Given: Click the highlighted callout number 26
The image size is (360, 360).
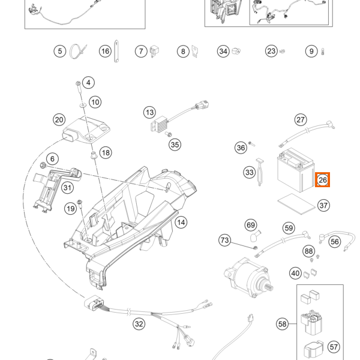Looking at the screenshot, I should click(x=322, y=179).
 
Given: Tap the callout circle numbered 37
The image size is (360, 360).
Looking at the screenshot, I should click(x=323, y=206).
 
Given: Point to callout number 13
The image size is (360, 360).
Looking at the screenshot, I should click(x=149, y=112).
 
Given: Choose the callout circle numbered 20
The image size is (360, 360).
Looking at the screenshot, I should click(x=59, y=120).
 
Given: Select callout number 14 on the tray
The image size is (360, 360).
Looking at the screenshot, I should click(x=181, y=222).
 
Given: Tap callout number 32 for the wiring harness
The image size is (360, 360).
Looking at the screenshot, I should click(x=139, y=325).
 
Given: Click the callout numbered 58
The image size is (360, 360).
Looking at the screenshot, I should click(x=283, y=324).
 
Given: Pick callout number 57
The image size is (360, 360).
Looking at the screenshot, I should click(x=334, y=347).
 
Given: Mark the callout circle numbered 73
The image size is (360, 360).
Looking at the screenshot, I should click(x=224, y=241).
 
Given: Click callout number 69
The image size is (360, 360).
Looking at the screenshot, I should click(x=251, y=225).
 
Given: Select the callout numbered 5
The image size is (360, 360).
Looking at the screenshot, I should click(x=59, y=52).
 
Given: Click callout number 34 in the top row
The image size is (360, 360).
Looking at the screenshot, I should click(x=223, y=52).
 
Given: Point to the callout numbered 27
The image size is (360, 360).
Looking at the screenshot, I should click(x=301, y=119).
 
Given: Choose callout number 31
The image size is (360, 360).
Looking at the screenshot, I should click(x=68, y=188).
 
